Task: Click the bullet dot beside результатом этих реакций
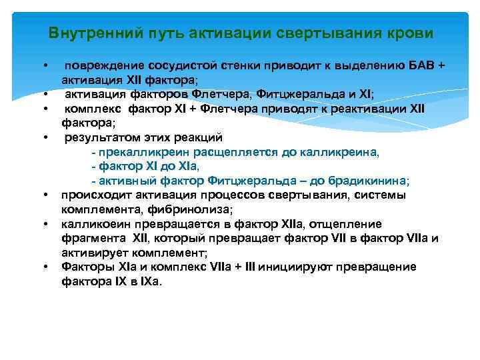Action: click(45, 138)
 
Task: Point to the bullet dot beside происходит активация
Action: click(45, 195)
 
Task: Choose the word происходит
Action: click(92, 195)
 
